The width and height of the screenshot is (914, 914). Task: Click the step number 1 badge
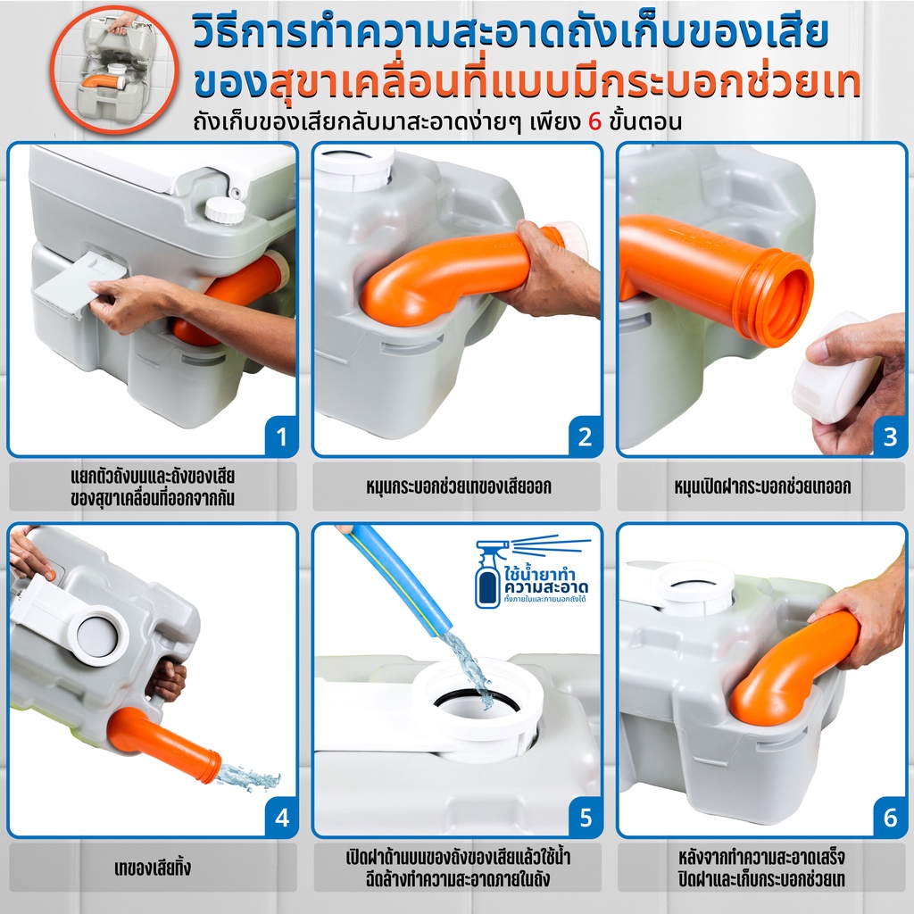tap(281, 436)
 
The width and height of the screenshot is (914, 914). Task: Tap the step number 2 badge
tap(586, 436)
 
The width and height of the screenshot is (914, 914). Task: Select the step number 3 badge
tap(890, 436)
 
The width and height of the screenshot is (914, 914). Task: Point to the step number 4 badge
tap(281, 818)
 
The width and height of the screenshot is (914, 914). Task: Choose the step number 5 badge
tap(586, 818)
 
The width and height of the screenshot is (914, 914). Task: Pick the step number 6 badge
tap(890, 818)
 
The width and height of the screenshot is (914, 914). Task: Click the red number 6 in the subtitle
tap(594, 121)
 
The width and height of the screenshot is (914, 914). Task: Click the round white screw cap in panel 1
tap(225, 210)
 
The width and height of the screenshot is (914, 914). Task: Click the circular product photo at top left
tap(113, 70)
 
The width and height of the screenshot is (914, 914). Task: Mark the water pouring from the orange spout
tap(248, 777)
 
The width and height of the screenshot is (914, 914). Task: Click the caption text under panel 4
tap(153, 868)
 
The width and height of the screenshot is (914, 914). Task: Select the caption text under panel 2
tap(458, 486)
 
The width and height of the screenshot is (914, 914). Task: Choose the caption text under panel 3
tap(762, 486)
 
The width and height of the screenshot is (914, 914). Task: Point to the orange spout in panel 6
tap(793, 668)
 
